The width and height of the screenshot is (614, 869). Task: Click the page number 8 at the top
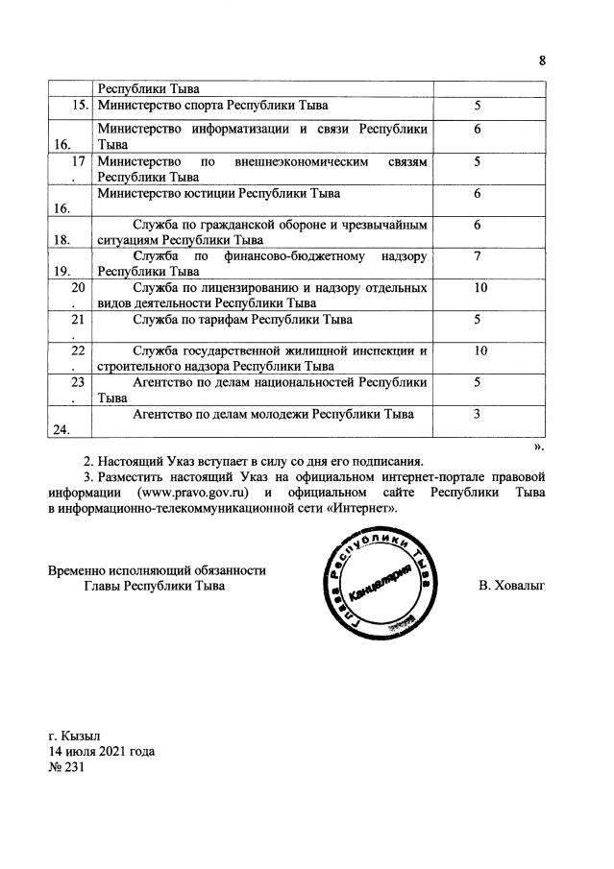tap(542, 60)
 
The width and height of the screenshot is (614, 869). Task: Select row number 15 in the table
tap(82, 104)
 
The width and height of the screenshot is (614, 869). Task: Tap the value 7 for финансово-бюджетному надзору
tap(477, 257)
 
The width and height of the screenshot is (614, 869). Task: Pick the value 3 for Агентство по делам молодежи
tap(477, 414)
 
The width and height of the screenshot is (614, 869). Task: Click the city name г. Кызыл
tap(74, 736)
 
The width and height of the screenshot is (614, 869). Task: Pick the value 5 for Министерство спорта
tap(477, 104)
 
